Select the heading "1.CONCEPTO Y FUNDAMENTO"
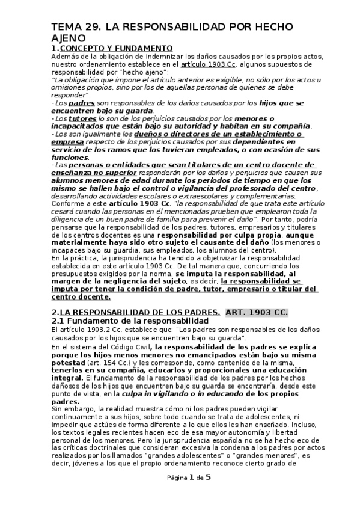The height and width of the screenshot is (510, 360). [x=112, y=48]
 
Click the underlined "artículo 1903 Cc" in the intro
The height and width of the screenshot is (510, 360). [x=203, y=64]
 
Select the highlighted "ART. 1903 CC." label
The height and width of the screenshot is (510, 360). [x=257, y=312]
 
